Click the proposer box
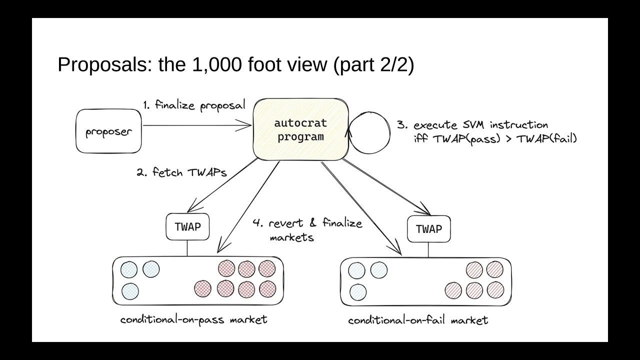pyautogui.click(x=108, y=132)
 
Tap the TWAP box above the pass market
pyautogui.click(x=187, y=226)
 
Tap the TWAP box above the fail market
pyautogui.click(x=428, y=229)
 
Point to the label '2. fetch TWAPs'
pyautogui.click(x=181, y=172)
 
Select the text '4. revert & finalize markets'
pyautogui.click(x=307, y=229)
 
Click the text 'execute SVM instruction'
pyautogui.click(x=480, y=125)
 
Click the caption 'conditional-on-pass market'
pyautogui.click(x=193, y=319)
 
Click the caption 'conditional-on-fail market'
pyautogui.click(x=418, y=320)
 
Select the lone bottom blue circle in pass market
pyautogui.click(x=130, y=291)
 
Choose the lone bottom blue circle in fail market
pyautogui.click(x=358, y=292)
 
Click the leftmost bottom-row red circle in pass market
pyautogui.click(x=203, y=288)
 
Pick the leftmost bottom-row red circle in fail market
pyautogui.click(x=453, y=289)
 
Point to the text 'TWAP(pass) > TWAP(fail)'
pyautogui.click(x=495, y=139)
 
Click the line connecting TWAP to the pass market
pyautogui.click(x=187, y=248)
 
